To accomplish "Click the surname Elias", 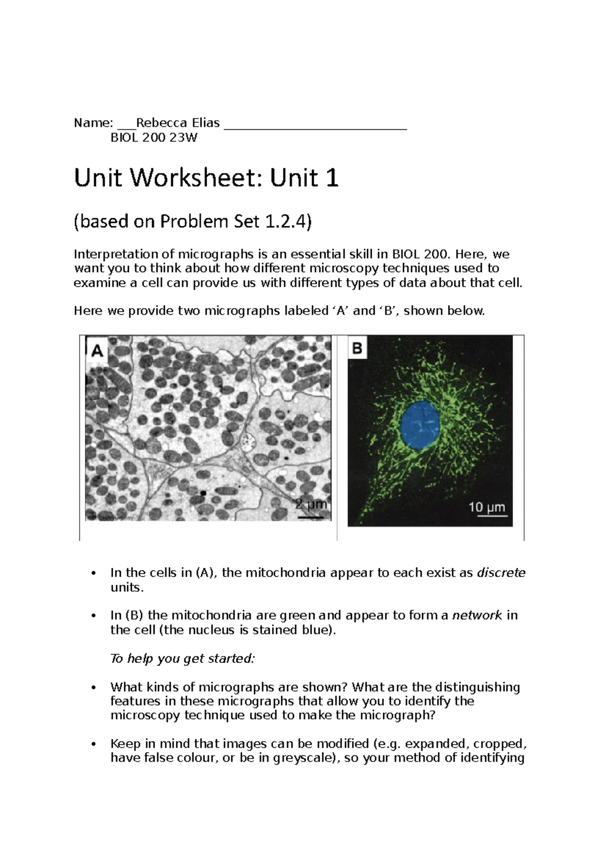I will point(205,123).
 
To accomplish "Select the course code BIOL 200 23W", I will point(154,137).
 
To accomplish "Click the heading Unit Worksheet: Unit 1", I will point(206,178).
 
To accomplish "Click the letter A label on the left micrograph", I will point(97,350).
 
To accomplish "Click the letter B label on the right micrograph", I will point(358,348).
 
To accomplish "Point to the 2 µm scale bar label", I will point(311,504).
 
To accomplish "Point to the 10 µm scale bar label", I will point(486,507).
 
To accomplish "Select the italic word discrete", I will point(501,573).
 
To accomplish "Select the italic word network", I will point(477,615).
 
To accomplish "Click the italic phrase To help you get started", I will point(183,658).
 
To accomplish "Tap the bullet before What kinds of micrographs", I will point(92,688).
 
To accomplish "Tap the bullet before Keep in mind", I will point(92,744).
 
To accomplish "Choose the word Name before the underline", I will point(91,123).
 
